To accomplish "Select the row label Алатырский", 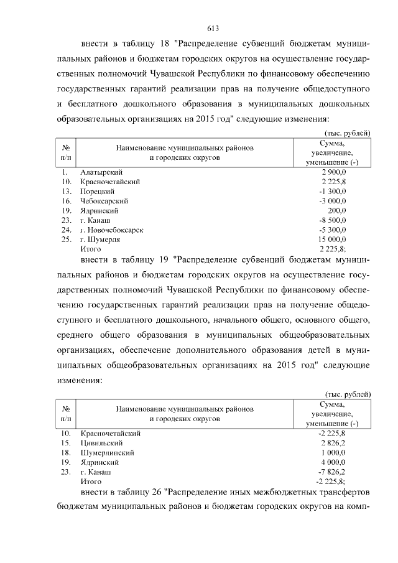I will pos(101,172).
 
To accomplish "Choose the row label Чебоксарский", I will pos(104,201).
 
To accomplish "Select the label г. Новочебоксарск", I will pos(112,230).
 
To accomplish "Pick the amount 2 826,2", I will pos(333,442).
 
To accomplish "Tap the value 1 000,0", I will pos(333,452).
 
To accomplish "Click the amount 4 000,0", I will pos(333,462).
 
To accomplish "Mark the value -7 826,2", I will pos(332,472).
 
